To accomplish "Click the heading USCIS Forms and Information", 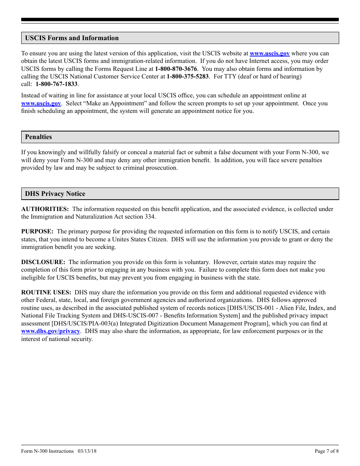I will [72, 38].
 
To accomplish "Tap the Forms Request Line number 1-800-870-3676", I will [176, 69].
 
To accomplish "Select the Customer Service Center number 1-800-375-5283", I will [188, 77].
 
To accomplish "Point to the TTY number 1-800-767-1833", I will [56, 84].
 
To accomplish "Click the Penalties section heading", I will [38, 137].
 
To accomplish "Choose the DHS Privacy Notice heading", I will [55, 194].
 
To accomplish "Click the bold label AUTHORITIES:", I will [45, 209].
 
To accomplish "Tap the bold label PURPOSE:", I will [37, 231].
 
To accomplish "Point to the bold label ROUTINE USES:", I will [46, 292].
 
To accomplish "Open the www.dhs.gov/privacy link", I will [50, 331].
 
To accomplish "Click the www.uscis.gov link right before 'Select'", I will [41, 103].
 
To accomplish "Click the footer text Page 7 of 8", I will [327, 451].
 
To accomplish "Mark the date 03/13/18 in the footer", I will [87, 451].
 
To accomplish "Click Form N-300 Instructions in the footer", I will [47, 451].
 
